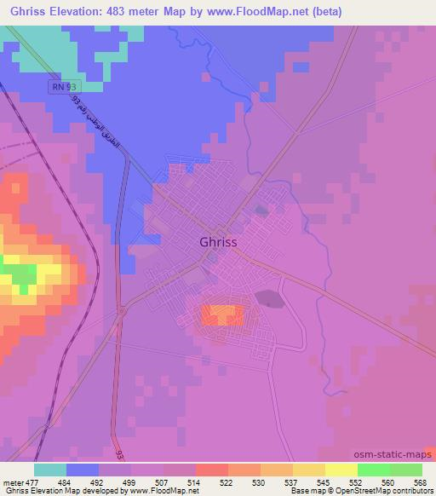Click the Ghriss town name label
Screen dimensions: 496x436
click(x=217, y=241)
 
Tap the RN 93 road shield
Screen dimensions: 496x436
click(x=63, y=88)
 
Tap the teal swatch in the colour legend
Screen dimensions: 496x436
click(x=50, y=470)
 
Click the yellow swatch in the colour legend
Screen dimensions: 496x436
click(x=341, y=470)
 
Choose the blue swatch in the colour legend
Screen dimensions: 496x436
click(x=83, y=470)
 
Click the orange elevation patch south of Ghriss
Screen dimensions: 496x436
click(x=222, y=315)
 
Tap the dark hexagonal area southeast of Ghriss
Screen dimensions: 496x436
click(x=267, y=298)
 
